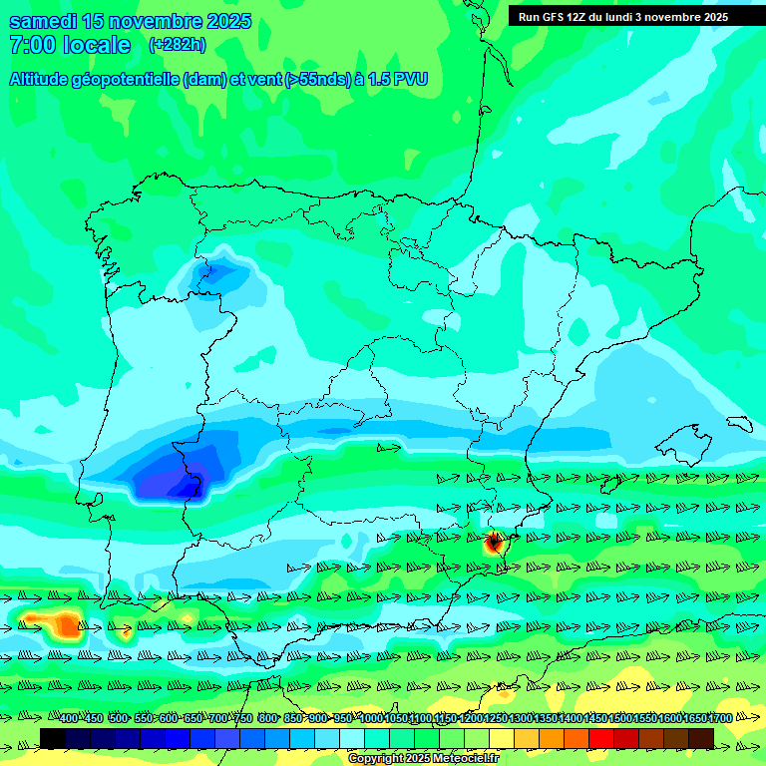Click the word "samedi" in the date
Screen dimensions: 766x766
click(46, 21)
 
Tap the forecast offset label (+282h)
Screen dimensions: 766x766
click(177, 44)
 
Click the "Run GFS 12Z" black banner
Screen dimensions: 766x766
click(622, 17)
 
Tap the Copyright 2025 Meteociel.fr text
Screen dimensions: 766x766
click(424, 759)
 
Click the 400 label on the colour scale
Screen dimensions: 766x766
click(68, 718)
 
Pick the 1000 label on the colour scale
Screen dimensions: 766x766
click(370, 718)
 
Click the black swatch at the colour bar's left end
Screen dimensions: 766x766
click(52, 738)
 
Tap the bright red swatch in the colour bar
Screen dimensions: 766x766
click(601, 738)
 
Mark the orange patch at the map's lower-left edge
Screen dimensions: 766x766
click(66, 625)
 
